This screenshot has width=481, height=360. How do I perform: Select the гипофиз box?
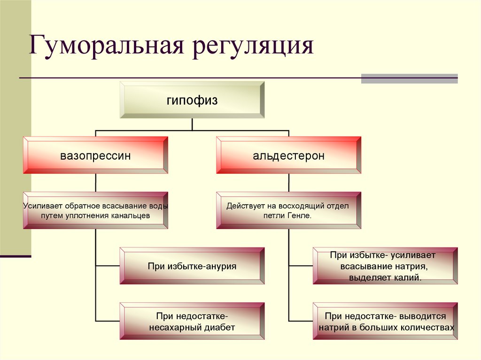point(192,100)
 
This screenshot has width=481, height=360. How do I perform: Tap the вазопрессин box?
point(95,155)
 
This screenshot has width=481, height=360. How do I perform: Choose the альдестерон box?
point(288,155)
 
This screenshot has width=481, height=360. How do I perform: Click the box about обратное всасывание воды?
point(95,210)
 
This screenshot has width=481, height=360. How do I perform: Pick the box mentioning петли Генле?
point(288,210)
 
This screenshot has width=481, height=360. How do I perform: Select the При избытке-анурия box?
point(192,266)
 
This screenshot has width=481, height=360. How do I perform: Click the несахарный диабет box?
point(192,322)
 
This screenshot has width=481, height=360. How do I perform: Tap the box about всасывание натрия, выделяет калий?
point(385,266)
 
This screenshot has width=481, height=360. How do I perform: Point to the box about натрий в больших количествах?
point(385,322)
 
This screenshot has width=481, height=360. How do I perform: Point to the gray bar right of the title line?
point(409,78)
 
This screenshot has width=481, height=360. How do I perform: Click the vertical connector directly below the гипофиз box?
point(192,125)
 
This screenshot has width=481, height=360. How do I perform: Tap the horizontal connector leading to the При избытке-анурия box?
point(108,266)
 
